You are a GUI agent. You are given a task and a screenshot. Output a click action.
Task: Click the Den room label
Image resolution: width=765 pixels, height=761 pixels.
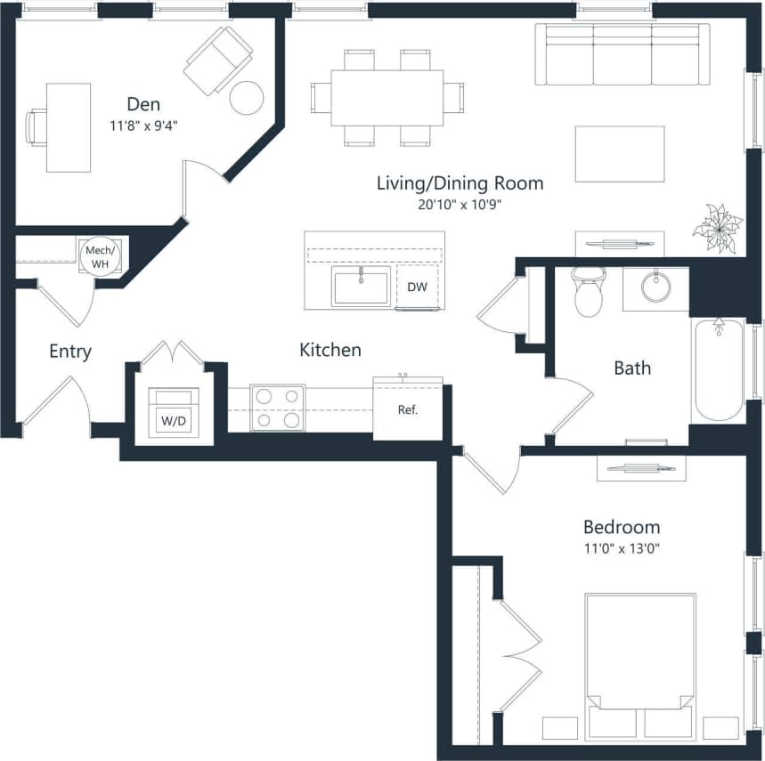(x=142, y=104)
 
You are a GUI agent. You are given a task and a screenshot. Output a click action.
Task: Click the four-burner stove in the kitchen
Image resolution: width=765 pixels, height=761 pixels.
(x=277, y=408)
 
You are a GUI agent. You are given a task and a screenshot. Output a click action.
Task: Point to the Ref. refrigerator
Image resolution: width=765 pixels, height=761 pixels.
(x=407, y=410)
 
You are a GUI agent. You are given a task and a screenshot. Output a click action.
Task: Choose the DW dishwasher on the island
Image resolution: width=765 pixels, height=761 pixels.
(x=417, y=287)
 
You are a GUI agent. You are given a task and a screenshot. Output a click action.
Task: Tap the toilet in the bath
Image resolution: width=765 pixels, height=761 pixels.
(x=589, y=293)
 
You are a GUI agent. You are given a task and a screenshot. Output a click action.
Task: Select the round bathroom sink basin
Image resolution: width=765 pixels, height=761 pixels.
(x=656, y=287)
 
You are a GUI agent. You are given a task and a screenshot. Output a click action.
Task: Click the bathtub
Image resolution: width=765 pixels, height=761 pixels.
(x=718, y=369)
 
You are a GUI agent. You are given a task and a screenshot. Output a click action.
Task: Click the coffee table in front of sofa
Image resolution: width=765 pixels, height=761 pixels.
(x=619, y=154)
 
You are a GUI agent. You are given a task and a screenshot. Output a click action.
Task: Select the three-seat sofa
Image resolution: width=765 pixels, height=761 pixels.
(x=622, y=54)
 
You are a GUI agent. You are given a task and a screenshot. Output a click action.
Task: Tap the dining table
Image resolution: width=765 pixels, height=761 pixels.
(x=387, y=97)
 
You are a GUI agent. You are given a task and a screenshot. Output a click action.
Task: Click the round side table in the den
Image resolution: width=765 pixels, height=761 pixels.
(x=247, y=97)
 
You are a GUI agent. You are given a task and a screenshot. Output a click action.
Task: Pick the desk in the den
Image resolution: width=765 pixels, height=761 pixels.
(x=68, y=127)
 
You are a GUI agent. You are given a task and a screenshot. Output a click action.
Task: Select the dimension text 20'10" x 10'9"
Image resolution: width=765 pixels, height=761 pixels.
(x=460, y=204)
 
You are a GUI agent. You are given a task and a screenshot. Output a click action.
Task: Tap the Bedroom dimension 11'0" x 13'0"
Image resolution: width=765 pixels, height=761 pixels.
(x=621, y=546)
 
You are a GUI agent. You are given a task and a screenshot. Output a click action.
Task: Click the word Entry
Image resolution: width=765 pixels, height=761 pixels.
(x=70, y=352)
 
